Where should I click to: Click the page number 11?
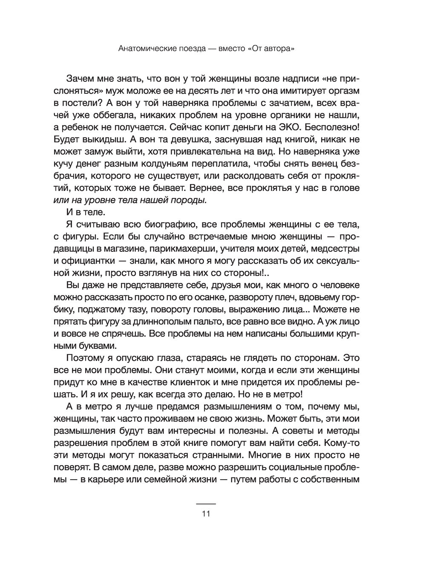click(206, 513)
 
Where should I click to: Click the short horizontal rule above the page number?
click(206, 504)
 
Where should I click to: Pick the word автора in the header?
click(280, 49)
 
